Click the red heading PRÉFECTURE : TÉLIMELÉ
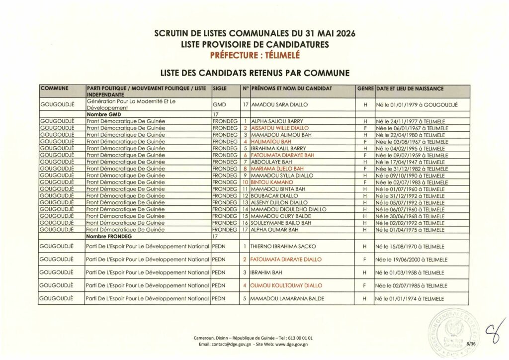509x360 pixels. [254, 55]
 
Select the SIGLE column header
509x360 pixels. [219, 89]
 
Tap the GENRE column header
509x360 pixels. [365, 89]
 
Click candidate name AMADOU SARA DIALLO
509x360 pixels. [280, 105]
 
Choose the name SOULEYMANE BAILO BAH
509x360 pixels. [282, 223]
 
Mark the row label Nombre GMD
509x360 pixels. [104, 114]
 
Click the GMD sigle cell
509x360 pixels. [219, 105]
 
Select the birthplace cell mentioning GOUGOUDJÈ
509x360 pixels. [417, 105]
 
